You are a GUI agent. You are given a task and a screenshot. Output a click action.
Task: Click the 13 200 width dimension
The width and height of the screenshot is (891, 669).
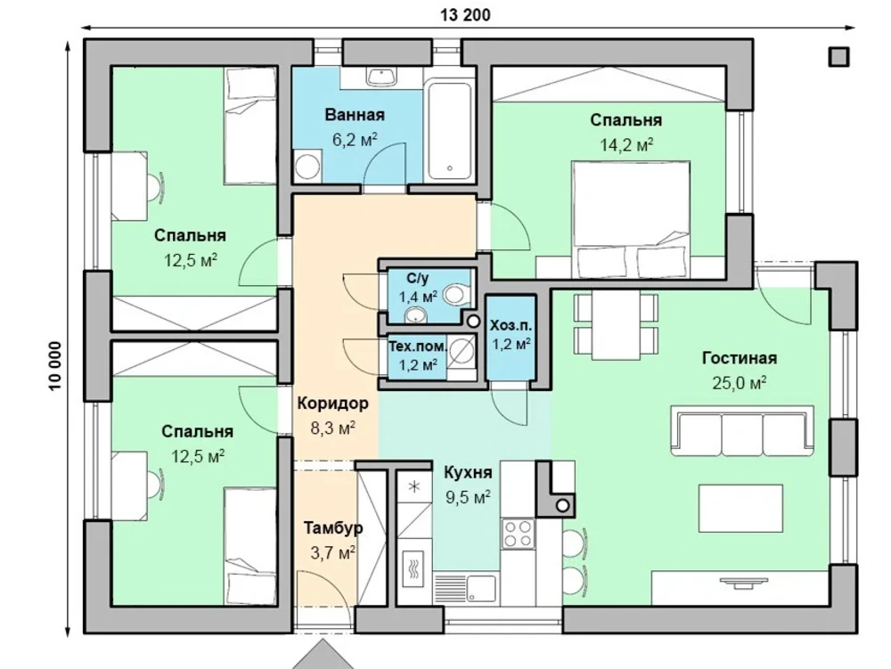click(465, 15)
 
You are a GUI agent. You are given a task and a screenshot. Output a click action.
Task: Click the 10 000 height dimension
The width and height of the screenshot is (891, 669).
click(54, 366)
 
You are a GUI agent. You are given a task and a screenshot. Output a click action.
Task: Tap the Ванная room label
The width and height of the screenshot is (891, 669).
click(355, 115)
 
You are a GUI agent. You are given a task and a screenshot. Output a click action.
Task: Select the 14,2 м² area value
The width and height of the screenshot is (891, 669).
click(626, 145)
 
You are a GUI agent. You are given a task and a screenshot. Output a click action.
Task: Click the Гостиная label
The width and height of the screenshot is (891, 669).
click(740, 358)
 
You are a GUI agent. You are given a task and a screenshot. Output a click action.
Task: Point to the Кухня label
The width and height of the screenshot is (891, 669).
click(468, 472)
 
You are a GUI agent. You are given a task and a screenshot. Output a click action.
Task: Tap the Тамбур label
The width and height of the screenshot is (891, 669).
click(333, 528)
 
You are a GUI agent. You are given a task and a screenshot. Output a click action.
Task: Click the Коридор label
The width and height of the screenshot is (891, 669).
click(333, 404)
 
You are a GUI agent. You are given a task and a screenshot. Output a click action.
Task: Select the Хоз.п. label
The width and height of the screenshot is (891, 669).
click(511, 325)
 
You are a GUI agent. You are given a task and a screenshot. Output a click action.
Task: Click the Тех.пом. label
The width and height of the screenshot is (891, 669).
click(418, 346)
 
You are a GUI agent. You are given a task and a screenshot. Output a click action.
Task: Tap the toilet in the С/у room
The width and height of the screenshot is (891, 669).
click(457, 294)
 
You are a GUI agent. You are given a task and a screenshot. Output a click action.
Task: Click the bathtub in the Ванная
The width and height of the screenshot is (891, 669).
click(449, 131)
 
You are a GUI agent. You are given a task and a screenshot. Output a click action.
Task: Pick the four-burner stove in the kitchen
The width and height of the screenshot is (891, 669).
click(519, 534)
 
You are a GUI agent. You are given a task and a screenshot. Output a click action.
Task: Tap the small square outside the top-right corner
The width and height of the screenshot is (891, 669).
click(838, 57)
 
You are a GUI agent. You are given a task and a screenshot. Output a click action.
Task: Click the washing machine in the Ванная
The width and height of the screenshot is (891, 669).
click(307, 166)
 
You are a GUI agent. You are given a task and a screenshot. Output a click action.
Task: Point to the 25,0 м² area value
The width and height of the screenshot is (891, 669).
click(740, 383)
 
